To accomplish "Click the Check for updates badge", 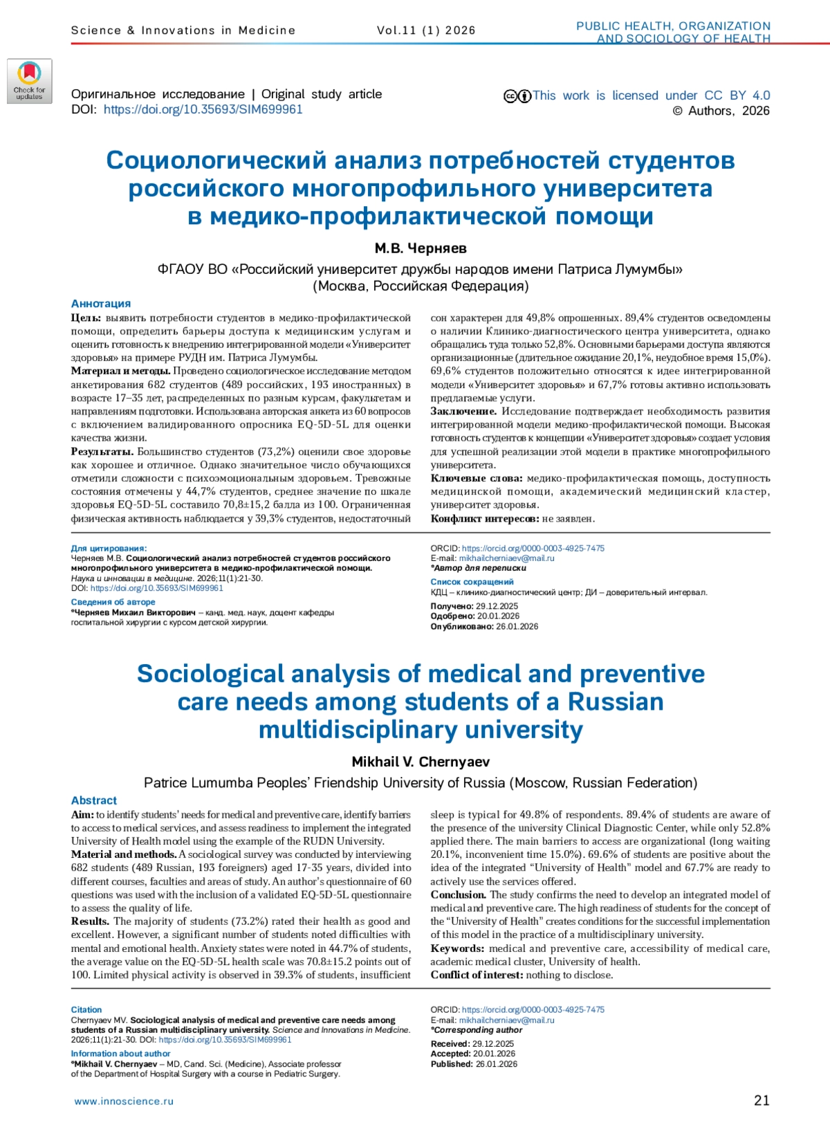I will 30,82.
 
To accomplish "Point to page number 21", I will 762,1101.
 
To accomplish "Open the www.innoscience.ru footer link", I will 124,1101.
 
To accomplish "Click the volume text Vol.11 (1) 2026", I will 426,30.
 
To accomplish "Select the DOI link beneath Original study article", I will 203,109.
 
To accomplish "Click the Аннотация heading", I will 101,304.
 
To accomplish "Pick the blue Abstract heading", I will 94,800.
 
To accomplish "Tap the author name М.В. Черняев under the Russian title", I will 421,248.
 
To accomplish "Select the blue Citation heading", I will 86,1010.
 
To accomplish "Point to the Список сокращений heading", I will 472,582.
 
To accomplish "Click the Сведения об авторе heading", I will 113,602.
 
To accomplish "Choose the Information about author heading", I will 120,1054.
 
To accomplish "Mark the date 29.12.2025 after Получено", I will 497,606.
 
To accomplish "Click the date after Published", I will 496,1064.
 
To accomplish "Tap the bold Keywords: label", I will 457,948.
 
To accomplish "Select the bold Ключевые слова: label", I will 477,478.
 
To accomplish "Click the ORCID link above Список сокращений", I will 533,548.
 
